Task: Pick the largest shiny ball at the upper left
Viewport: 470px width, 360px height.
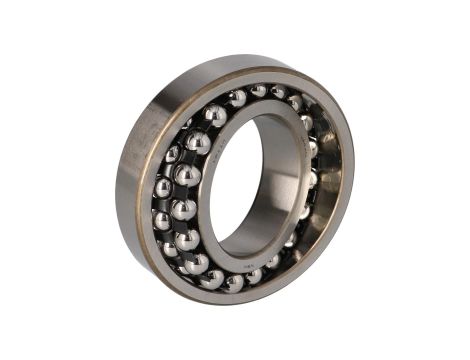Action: (x=198, y=143)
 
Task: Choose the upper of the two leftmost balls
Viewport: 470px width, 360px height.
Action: (x=163, y=187)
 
